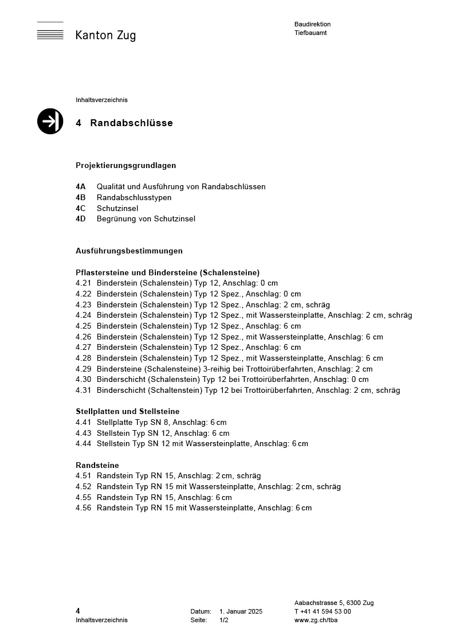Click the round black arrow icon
pos(50,121)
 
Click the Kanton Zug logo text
pos(105,36)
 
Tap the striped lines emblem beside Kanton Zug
pos(50,32)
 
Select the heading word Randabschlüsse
pos(131,123)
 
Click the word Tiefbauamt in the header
pos(311,33)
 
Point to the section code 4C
pos(80,208)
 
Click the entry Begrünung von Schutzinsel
pos(146,218)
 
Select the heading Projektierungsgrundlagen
pos(125,165)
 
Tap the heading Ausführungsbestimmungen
pos(129,251)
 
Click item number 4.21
pos(83,283)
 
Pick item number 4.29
pos(83,369)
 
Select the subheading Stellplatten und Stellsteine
pos(127,411)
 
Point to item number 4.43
pos(83,433)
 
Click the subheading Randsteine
pos(97,465)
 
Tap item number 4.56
pos(83,508)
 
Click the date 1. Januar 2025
pos(241,611)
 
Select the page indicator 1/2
pos(223,620)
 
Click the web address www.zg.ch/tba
pos(316,620)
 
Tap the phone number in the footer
pos(323,611)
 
